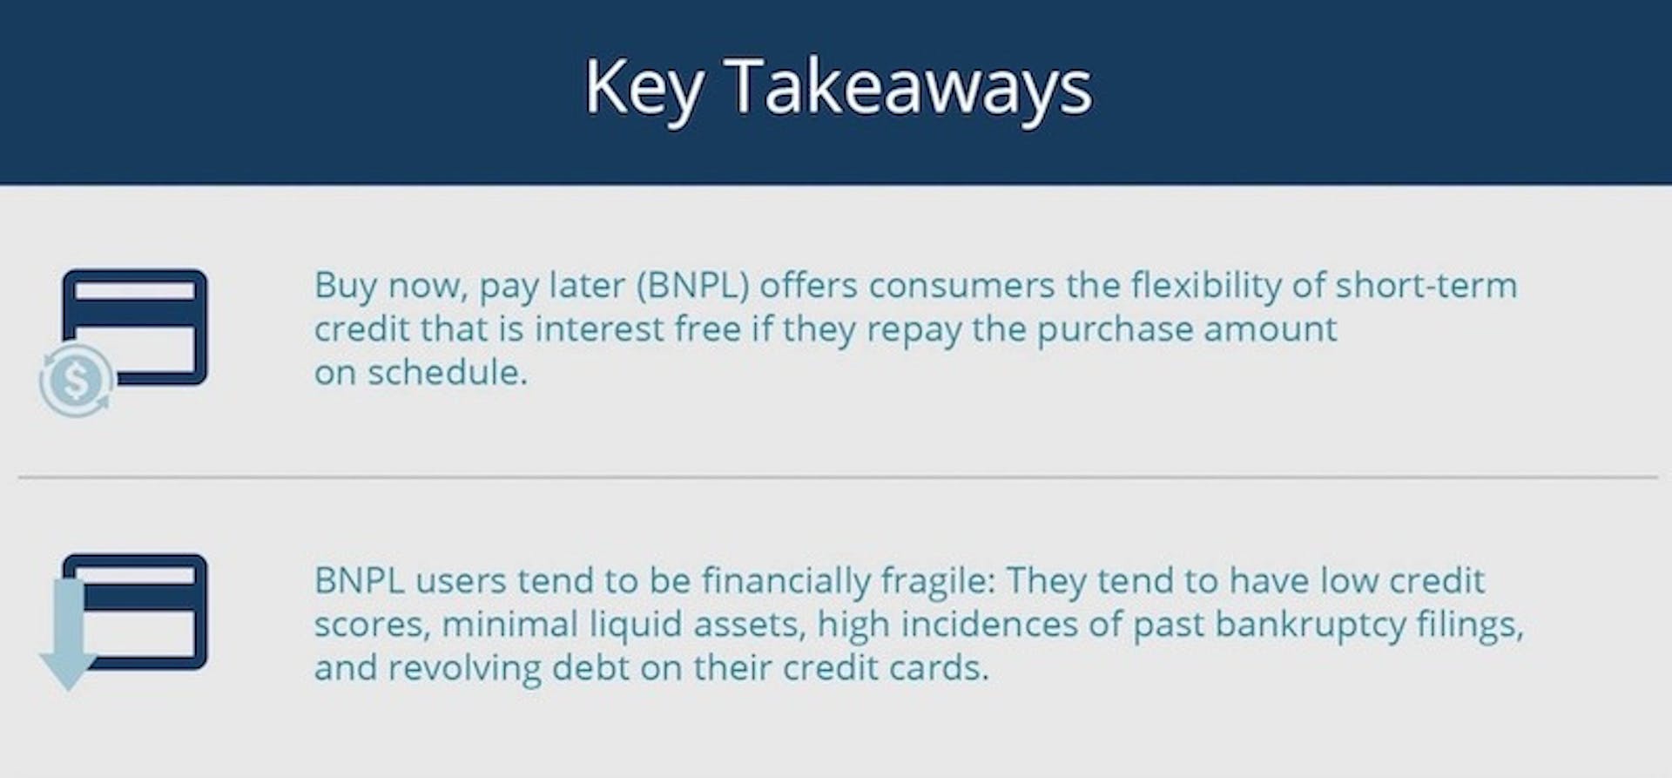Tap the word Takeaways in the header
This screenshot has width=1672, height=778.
[908, 86]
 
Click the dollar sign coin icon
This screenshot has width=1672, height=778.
[77, 381]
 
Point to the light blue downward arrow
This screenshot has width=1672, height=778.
[68, 634]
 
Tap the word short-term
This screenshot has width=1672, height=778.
[1426, 286]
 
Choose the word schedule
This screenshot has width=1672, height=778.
[447, 373]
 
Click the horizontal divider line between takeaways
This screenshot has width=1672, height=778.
[838, 477]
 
